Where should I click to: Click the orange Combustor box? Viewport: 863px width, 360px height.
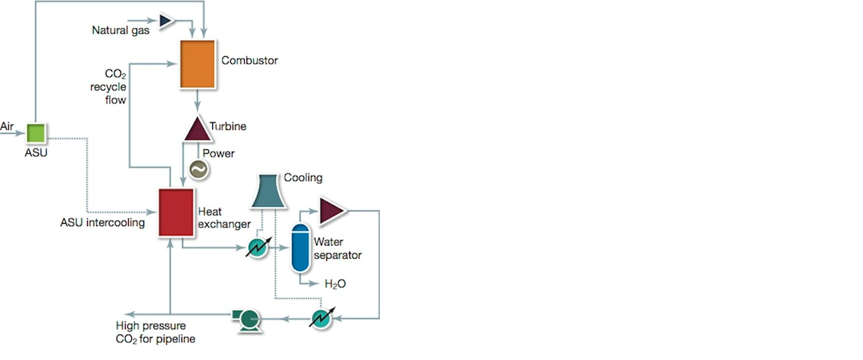197,64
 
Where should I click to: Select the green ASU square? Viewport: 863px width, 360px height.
35,133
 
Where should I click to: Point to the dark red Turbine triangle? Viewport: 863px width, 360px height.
198,129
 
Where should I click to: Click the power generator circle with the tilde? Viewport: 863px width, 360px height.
198,169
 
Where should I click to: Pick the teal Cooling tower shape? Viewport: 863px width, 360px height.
268,191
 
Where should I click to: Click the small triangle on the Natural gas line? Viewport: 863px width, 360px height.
166,21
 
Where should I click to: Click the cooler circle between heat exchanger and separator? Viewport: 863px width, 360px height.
257,247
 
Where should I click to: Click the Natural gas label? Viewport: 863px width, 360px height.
121,30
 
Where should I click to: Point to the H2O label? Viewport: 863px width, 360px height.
335,284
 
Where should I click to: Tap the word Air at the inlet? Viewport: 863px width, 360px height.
7,126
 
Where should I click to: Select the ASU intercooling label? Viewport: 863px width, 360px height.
102,223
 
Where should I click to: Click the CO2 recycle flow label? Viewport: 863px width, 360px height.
108,87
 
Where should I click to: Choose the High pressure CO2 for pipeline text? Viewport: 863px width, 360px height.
155,333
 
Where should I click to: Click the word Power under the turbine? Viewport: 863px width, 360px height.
219,154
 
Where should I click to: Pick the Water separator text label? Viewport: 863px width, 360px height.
337,248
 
